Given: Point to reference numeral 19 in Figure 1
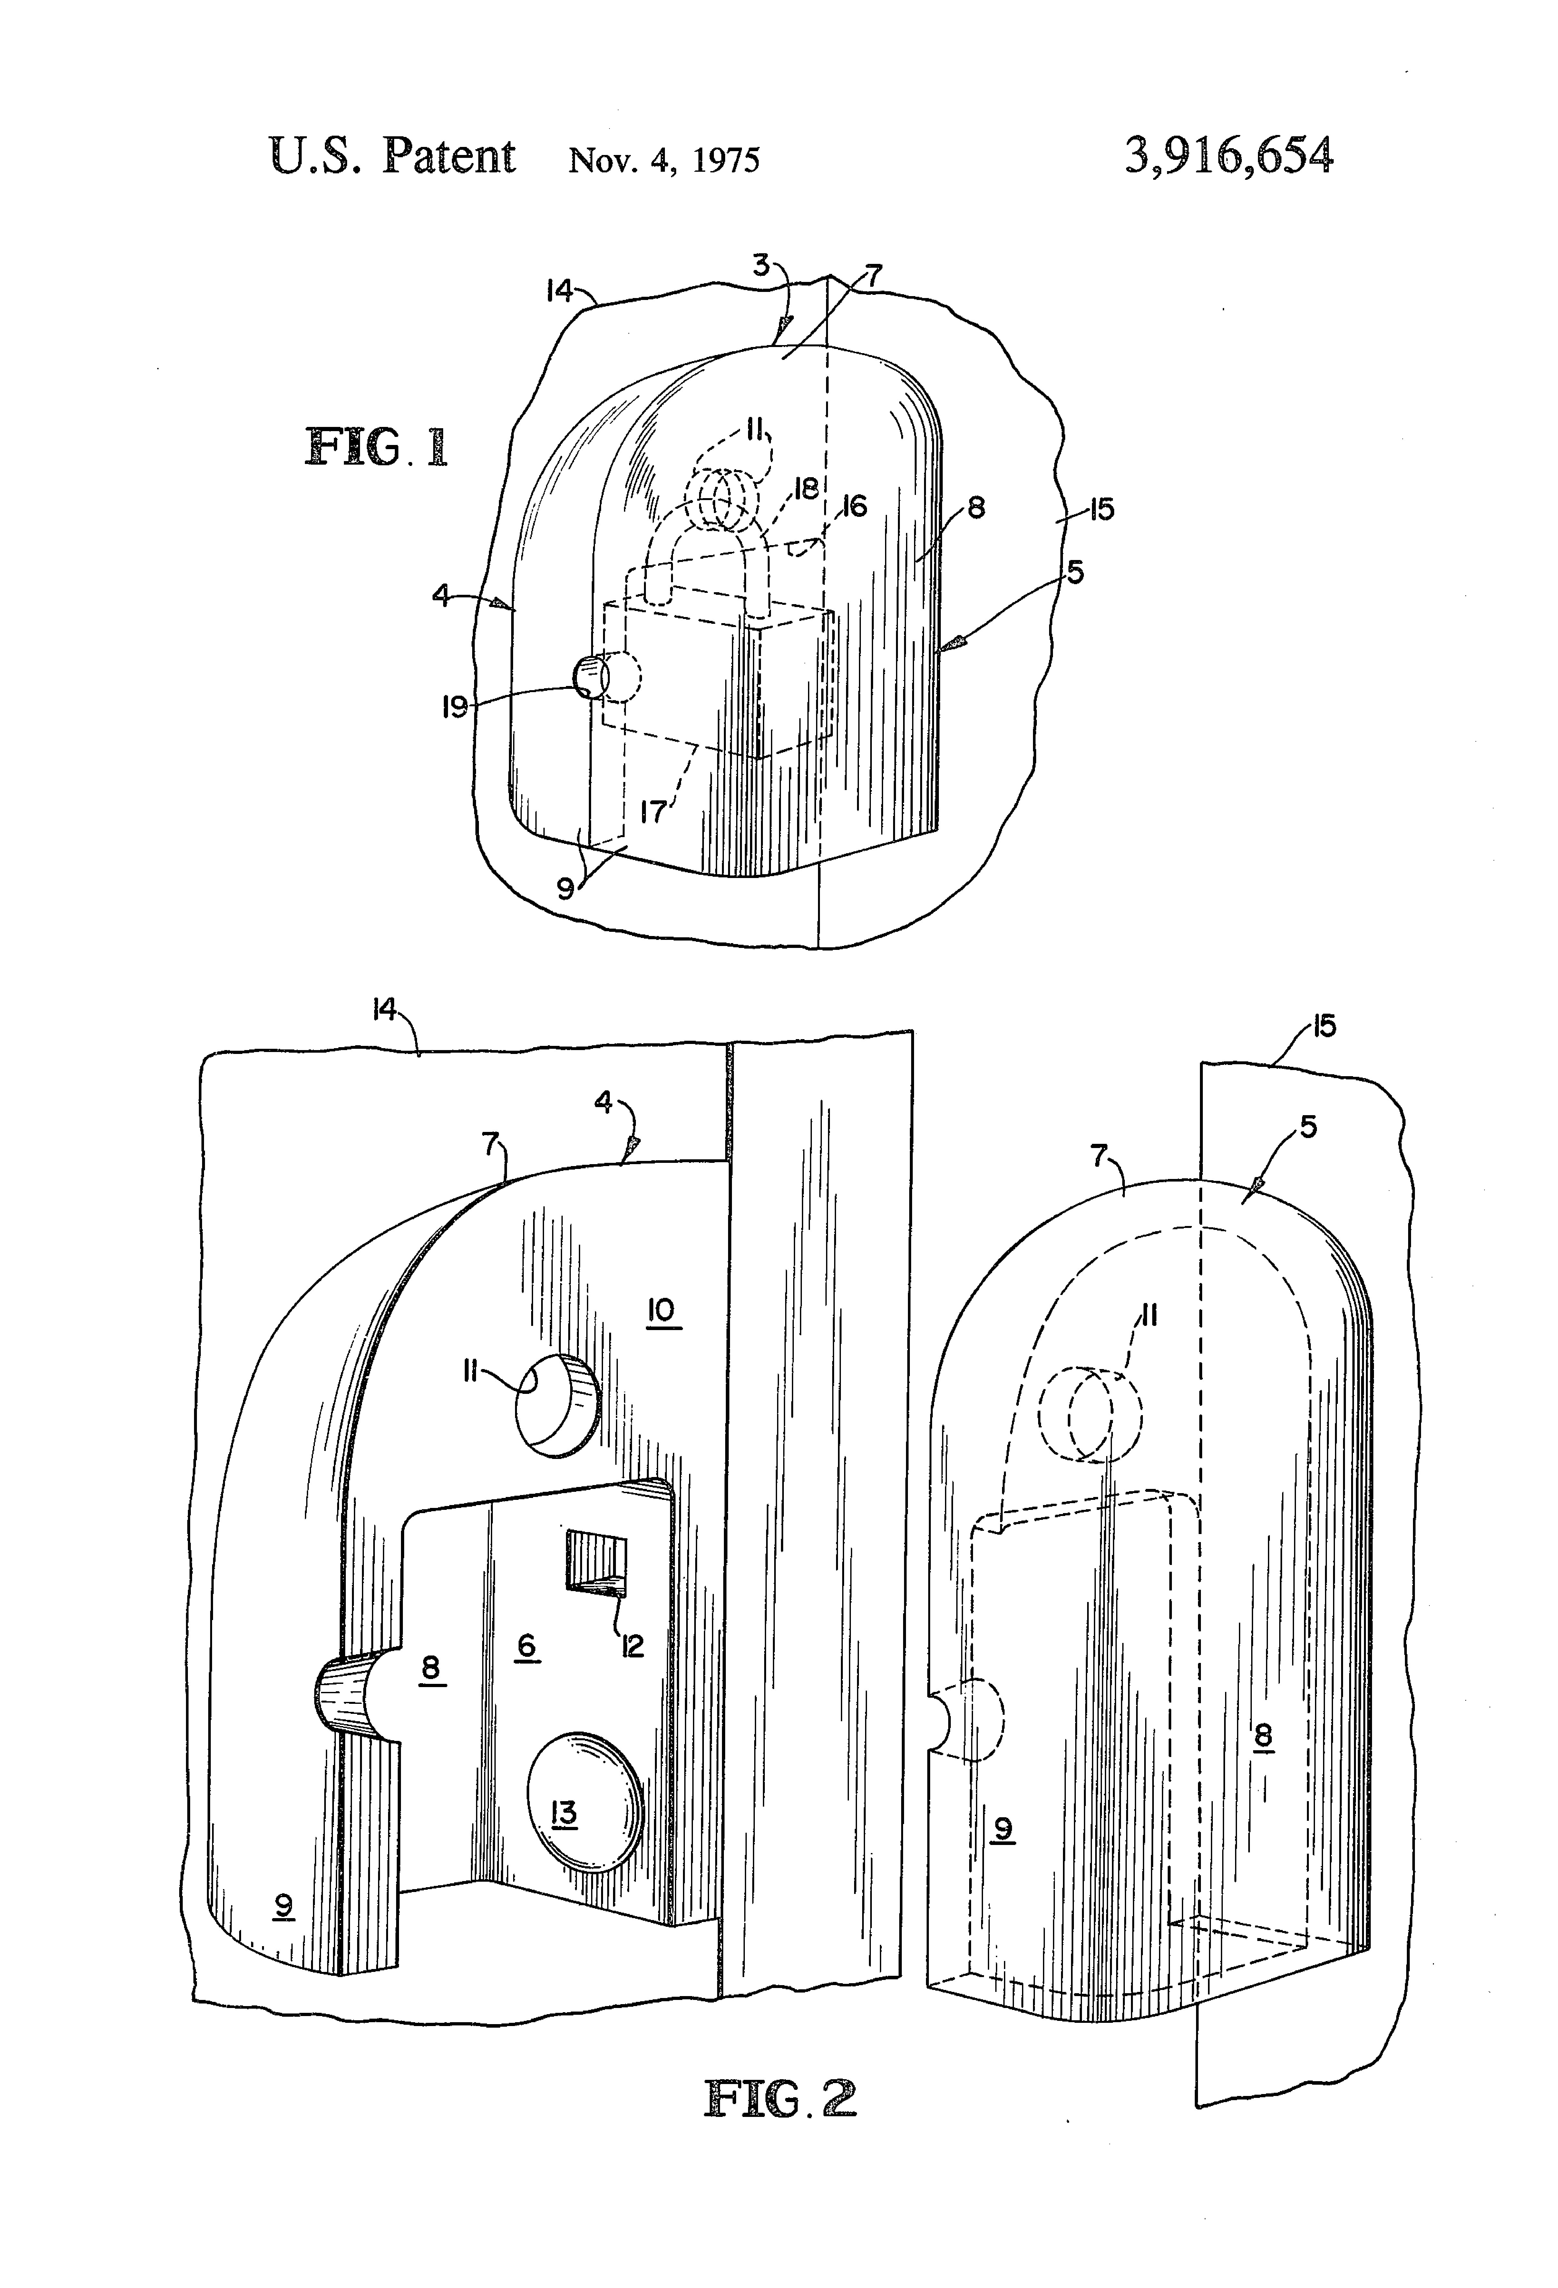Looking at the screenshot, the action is [454, 707].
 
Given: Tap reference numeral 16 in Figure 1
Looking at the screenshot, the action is [853, 506].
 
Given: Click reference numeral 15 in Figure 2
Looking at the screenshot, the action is [1325, 1027].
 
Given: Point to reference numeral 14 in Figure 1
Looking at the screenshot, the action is [559, 290].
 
